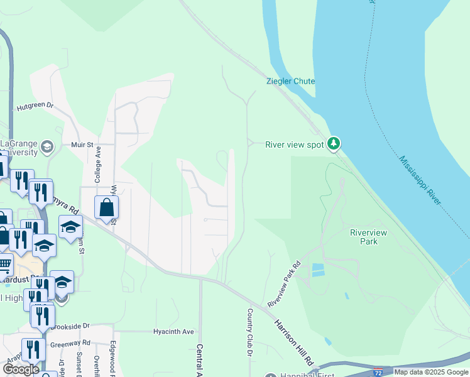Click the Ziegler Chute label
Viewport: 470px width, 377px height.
point(290,81)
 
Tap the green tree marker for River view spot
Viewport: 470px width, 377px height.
point(334,144)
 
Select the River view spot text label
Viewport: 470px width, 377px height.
point(294,145)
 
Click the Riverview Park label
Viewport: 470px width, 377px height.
point(369,237)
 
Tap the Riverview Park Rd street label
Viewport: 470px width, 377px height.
point(284,283)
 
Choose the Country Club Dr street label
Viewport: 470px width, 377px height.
point(249,332)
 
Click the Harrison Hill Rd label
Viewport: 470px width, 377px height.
point(293,343)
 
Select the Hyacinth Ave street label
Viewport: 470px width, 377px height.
point(174,331)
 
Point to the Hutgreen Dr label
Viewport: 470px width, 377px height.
point(36,106)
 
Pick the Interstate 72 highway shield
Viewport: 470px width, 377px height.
point(378,372)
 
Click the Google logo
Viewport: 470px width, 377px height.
point(21,369)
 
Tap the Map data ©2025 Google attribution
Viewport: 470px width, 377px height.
point(431,372)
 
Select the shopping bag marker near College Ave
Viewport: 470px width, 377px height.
point(107,207)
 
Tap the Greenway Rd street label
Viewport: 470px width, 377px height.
point(70,344)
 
